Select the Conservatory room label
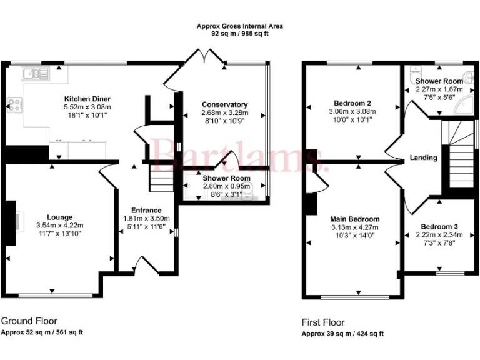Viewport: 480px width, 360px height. (x=224, y=104)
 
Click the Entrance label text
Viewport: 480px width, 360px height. (x=146, y=210)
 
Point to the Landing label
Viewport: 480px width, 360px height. (x=423, y=158)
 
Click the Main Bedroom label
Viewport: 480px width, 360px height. (x=355, y=219)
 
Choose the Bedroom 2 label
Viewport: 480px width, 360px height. (x=352, y=103)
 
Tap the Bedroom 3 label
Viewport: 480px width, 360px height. (x=439, y=226)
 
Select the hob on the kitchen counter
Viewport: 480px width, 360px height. (x=14, y=104)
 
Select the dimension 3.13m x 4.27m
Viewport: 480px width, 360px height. (x=355, y=227)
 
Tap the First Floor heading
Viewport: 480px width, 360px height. (x=323, y=322)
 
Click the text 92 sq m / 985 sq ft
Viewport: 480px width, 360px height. (x=240, y=34)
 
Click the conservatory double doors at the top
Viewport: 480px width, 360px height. (x=207, y=58)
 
